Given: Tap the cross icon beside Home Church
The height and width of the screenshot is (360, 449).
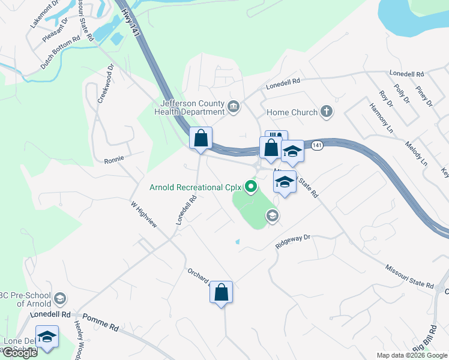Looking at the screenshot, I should [x=326, y=111].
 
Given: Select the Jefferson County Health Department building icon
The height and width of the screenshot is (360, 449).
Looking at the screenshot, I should [x=234, y=107].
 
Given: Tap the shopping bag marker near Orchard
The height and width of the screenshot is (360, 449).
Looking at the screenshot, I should [x=221, y=293].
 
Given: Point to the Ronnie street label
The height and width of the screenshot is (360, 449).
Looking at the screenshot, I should [x=113, y=160].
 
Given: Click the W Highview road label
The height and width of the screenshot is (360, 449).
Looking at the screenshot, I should [x=144, y=214].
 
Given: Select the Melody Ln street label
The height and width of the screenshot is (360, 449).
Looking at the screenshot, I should [x=415, y=154].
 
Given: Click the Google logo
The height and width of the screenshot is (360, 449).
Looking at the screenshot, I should [x=19, y=353].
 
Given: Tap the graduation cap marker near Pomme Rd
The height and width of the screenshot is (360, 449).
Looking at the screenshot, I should [x=46, y=337].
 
